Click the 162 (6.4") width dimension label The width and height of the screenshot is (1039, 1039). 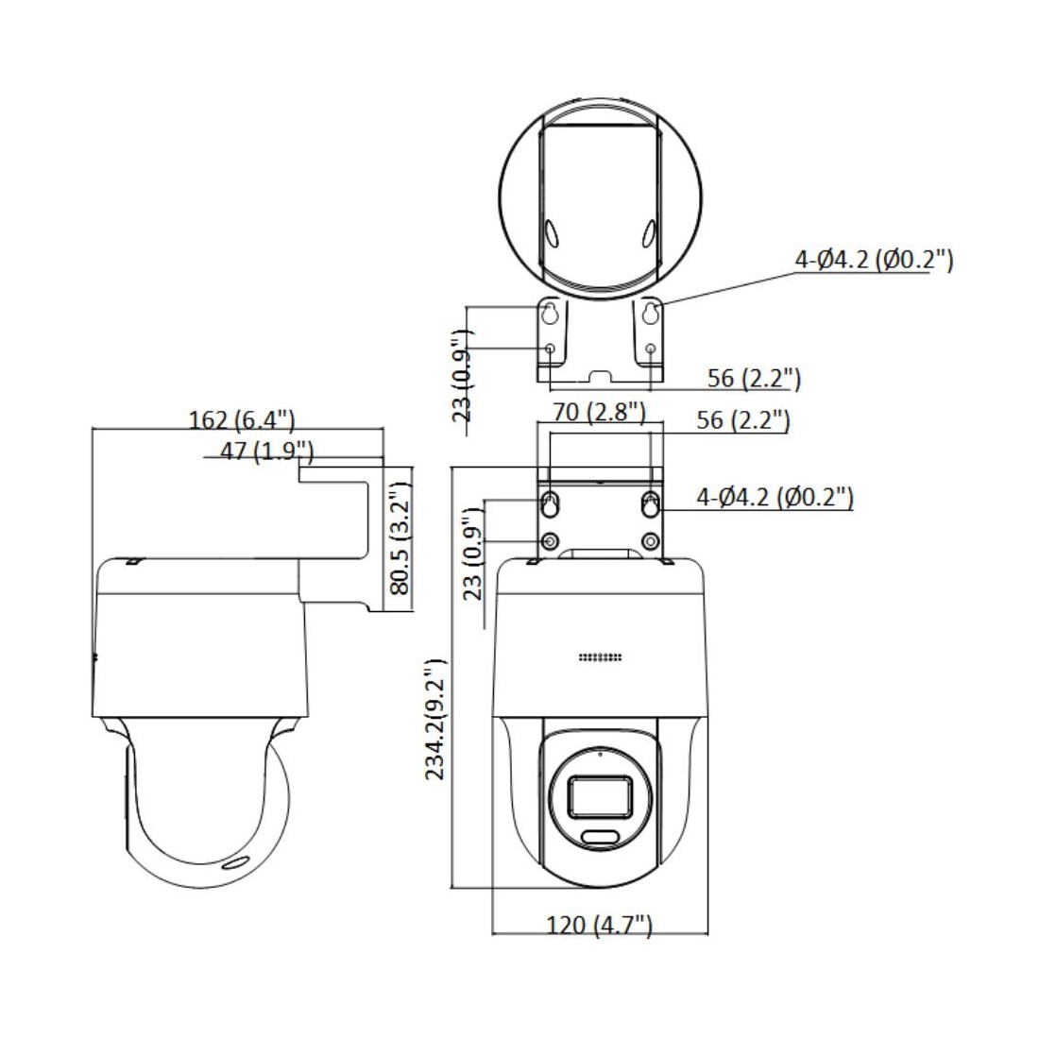pos(241,419)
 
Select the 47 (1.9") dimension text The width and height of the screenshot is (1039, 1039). pos(266,451)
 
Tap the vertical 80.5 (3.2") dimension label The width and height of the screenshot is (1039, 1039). pos(400,538)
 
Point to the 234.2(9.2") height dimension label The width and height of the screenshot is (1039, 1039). pos(434,719)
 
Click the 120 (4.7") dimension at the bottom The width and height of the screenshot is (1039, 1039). pos(599,925)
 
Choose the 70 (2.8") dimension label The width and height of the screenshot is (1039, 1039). pos(599,412)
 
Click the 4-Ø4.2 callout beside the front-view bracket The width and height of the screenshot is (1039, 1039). pos(775,496)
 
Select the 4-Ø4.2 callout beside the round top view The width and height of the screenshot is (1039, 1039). pos(874,259)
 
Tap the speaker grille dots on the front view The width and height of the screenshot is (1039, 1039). pos(600,657)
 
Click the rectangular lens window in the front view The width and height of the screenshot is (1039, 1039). pos(600,795)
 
